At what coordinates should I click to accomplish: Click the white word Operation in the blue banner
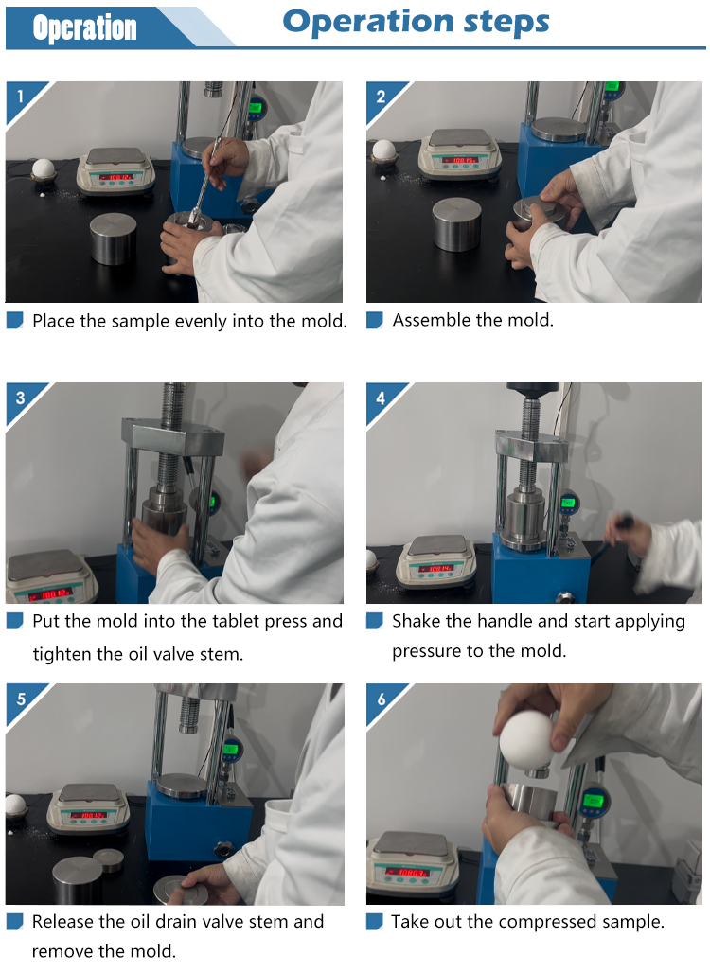pyautogui.click(x=85, y=28)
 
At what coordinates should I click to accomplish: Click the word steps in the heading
pyautogui.click(x=506, y=23)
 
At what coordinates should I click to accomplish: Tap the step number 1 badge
pyautogui.click(x=21, y=97)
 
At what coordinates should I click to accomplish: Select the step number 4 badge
pyautogui.click(x=382, y=398)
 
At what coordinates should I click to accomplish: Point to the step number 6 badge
pyautogui.click(x=382, y=699)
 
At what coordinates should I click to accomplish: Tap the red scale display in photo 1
pyautogui.click(x=116, y=177)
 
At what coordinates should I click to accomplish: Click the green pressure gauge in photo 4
pyautogui.click(x=568, y=503)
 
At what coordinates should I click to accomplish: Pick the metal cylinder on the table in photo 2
pyautogui.click(x=457, y=224)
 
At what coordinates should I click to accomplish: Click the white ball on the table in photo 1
pyautogui.click(x=44, y=168)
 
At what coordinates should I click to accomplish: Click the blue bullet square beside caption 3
pyautogui.click(x=15, y=621)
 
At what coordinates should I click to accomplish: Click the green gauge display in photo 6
pyautogui.click(x=594, y=801)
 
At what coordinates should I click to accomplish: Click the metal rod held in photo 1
pyautogui.click(x=204, y=183)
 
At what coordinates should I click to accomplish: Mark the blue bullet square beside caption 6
pyautogui.click(x=374, y=922)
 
